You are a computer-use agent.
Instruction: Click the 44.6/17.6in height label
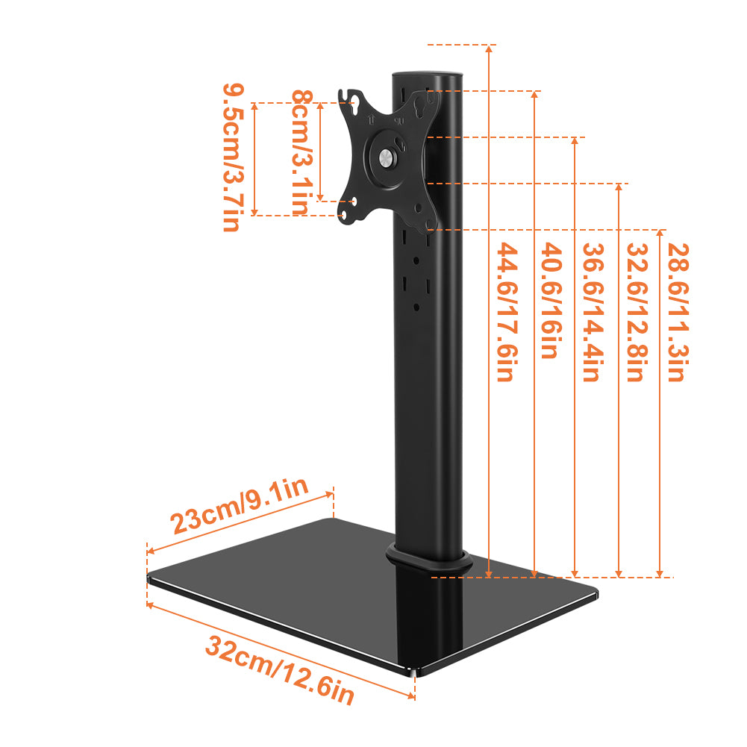[x=505, y=312]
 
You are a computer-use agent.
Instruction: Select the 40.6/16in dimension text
[x=548, y=301]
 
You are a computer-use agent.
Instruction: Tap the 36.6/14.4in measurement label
[x=590, y=313]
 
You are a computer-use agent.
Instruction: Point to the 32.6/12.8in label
[x=634, y=313]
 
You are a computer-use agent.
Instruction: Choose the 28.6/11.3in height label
[x=675, y=313]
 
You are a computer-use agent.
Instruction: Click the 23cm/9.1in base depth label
[x=240, y=507]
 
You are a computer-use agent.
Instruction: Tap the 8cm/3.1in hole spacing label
[x=300, y=152]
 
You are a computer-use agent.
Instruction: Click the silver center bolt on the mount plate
[x=385, y=157]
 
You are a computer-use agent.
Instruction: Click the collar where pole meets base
[x=425, y=560]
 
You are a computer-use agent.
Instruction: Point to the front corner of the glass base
[x=415, y=672]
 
